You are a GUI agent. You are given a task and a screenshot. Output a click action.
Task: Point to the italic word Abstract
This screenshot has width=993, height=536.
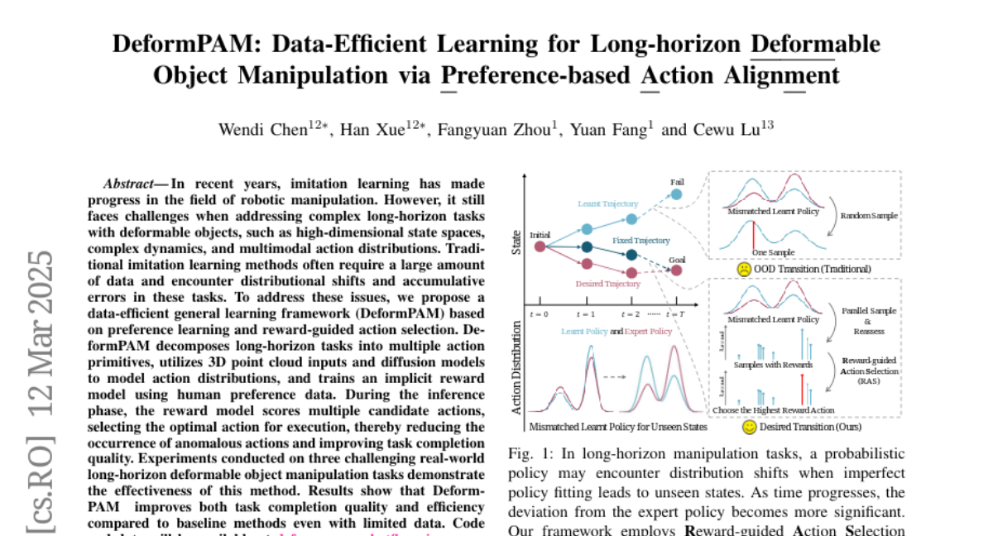[x=129, y=184]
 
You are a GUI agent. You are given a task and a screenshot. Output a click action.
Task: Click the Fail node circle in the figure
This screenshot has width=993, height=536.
[x=676, y=194]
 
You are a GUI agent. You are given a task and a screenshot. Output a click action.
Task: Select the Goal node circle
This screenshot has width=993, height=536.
[x=677, y=270]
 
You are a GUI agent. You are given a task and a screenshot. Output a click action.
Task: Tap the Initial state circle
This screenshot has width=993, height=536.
[x=540, y=246]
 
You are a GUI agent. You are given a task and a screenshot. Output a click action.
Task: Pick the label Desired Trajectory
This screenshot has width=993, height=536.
[x=607, y=285]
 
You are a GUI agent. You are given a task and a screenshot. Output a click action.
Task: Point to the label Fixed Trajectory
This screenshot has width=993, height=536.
[x=640, y=240]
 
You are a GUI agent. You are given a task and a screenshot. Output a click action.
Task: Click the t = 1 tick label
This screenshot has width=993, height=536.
[x=587, y=315]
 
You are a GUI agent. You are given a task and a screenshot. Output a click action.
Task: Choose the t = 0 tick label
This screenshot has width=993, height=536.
[x=540, y=315]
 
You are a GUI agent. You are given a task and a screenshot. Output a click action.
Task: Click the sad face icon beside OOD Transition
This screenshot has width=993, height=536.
[x=743, y=269]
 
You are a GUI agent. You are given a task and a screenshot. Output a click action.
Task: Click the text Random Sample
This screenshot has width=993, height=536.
[x=869, y=216]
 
